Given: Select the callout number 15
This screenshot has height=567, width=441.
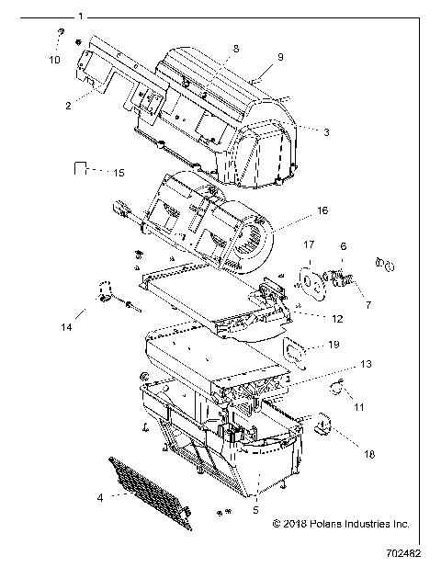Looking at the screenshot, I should [x=119, y=172].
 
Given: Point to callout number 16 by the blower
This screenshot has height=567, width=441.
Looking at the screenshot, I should [x=297, y=210].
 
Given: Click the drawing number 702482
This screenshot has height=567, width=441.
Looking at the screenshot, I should [x=410, y=555].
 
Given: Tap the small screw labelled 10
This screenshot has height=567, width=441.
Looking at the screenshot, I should [x=59, y=33].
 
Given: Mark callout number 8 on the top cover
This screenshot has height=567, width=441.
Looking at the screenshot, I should [x=236, y=47].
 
